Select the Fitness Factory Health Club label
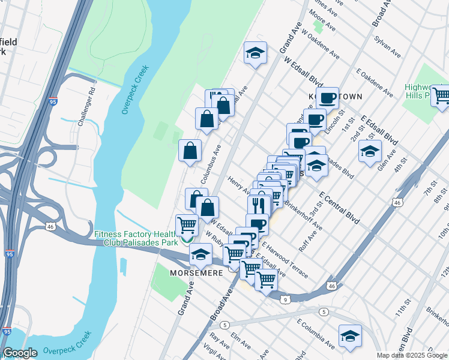pyautogui.click(x=136, y=238)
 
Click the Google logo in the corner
pyautogui.click(x=20, y=353)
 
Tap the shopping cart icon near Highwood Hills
pyautogui.click(x=441, y=95)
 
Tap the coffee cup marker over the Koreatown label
pyautogui.click(x=327, y=98)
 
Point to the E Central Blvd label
pyautogui.click(x=339, y=208)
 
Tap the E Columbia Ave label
pyautogui.click(x=315, y=333)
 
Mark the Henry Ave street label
pyautogui.click(x=239, y=185)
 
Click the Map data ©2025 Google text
pyautogui.click(x=412, y=355)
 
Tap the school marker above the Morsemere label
pyautogui.click(x=200, y=254)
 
